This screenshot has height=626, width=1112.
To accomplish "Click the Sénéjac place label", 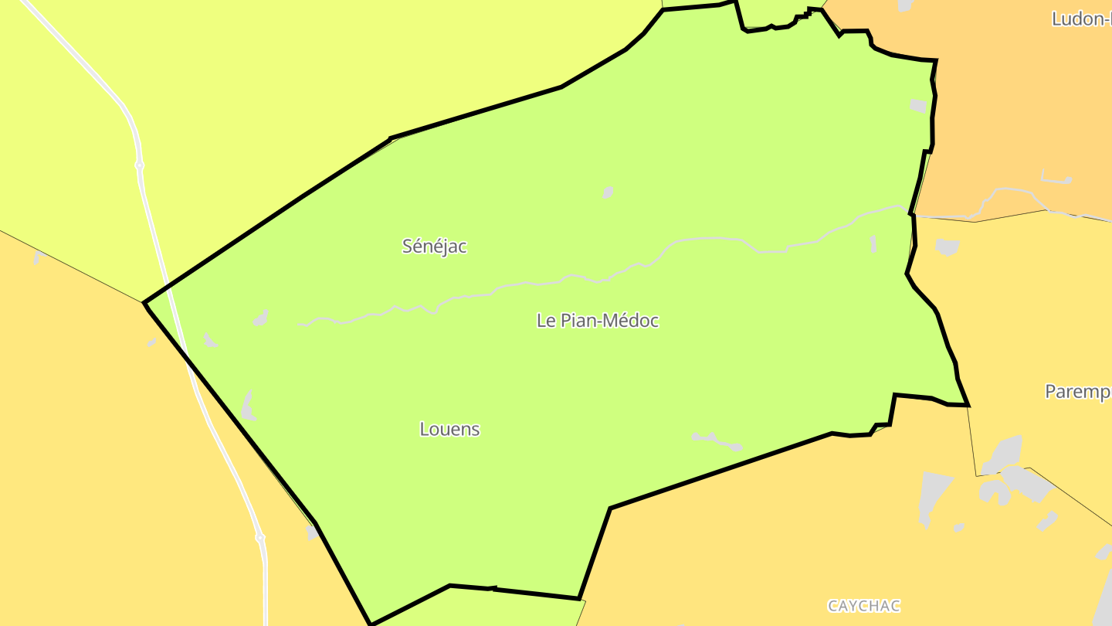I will point(435,247).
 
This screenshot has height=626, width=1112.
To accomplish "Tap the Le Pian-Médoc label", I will point(598,321).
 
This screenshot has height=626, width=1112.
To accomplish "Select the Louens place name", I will point(449,429).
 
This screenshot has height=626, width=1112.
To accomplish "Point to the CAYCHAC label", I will point(864,606).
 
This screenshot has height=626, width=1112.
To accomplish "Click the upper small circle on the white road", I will point(139,165).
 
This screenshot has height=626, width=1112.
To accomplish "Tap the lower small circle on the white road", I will point(260,537).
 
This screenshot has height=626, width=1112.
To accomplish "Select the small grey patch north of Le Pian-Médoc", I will point(608,192).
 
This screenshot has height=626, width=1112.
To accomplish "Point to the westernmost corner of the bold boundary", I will point(144,303).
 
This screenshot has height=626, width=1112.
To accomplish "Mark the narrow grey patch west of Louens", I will point(248,405).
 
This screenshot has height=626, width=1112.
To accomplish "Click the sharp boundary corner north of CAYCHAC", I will point(611,509).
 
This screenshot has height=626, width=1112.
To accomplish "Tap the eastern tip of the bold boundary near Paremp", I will point(968,405).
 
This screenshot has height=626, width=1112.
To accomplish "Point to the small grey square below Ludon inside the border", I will point(918,106).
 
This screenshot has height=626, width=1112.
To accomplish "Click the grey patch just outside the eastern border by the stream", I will point(947,247).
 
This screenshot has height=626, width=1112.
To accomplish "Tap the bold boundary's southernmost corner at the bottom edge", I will point(371,624).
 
